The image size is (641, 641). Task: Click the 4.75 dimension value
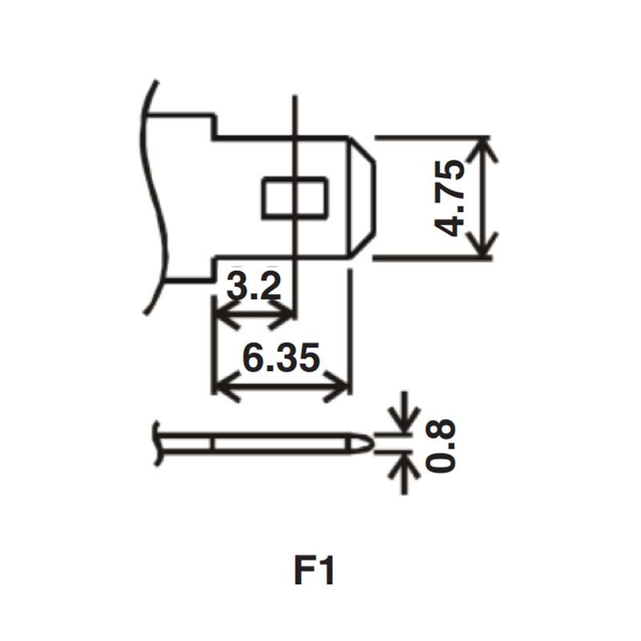tap(450, 198)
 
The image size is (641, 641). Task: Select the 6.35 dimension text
tap(281, 357)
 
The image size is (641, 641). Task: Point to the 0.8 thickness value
tap(440, 446)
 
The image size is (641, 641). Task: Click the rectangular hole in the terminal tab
tap(294, 197)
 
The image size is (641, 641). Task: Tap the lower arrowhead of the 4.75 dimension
tap(484, 244)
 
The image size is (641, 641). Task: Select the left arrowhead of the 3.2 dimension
tap(228, 314)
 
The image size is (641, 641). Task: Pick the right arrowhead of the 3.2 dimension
tap(281, 314)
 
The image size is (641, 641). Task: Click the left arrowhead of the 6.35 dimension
tap(228, 386)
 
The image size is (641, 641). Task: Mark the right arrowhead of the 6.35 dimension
tap(336, 386)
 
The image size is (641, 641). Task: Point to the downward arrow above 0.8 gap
tap(405, 413)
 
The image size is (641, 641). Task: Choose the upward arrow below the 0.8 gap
tap(405, 473)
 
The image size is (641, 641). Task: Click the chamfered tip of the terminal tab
tap(362, 197)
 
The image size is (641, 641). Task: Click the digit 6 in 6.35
tap(252, 357)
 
